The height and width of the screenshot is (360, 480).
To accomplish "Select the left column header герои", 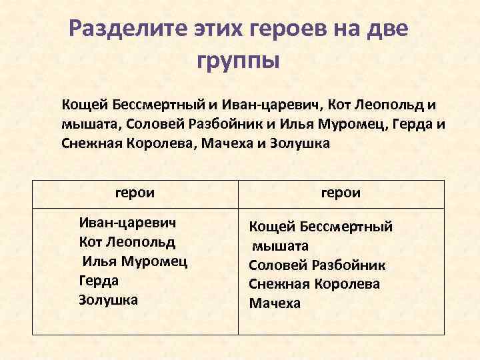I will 135,193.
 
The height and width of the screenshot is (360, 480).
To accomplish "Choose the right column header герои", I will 341,193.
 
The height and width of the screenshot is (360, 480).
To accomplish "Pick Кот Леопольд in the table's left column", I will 127,241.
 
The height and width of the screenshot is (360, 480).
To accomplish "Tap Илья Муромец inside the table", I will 134,261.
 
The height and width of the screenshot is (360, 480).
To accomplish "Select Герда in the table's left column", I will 98,280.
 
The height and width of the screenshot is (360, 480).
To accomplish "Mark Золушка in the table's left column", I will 108,299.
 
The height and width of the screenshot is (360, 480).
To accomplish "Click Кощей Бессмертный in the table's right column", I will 321,227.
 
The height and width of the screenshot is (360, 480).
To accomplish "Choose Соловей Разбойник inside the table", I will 317,265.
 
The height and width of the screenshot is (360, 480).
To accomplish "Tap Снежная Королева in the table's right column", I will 314,284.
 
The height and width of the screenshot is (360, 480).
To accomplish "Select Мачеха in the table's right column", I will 275,303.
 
